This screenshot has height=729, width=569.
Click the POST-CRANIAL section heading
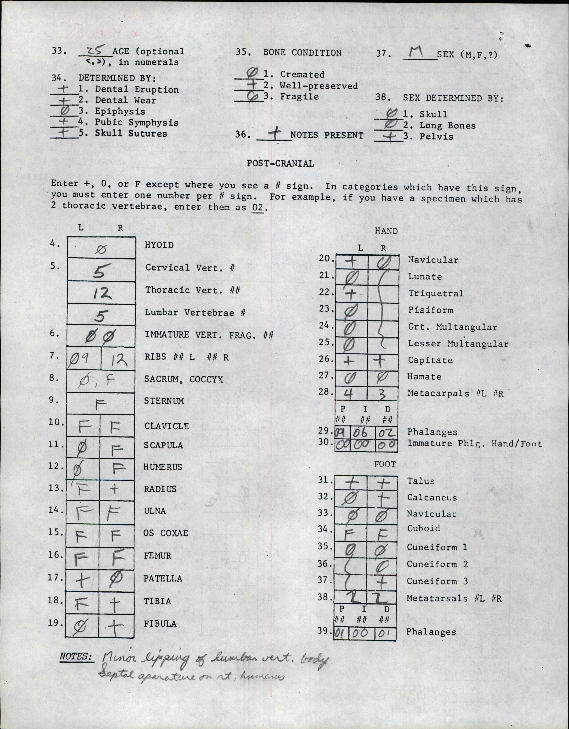pos(280,164)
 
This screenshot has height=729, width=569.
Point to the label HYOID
pos(159,245)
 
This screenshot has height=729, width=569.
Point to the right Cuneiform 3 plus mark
pos(382,582)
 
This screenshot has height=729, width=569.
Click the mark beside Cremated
pos(252,73)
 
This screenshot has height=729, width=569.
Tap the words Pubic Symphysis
pos(136,123)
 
